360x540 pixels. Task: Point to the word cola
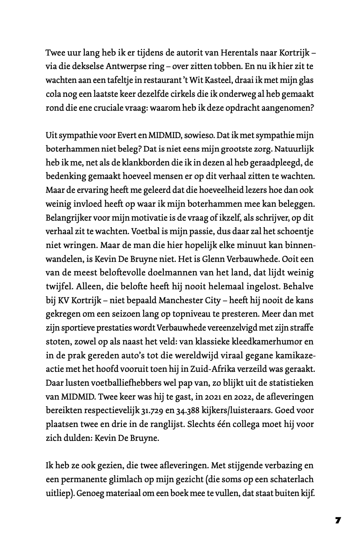pyautogui.click(x=53, y=94)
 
